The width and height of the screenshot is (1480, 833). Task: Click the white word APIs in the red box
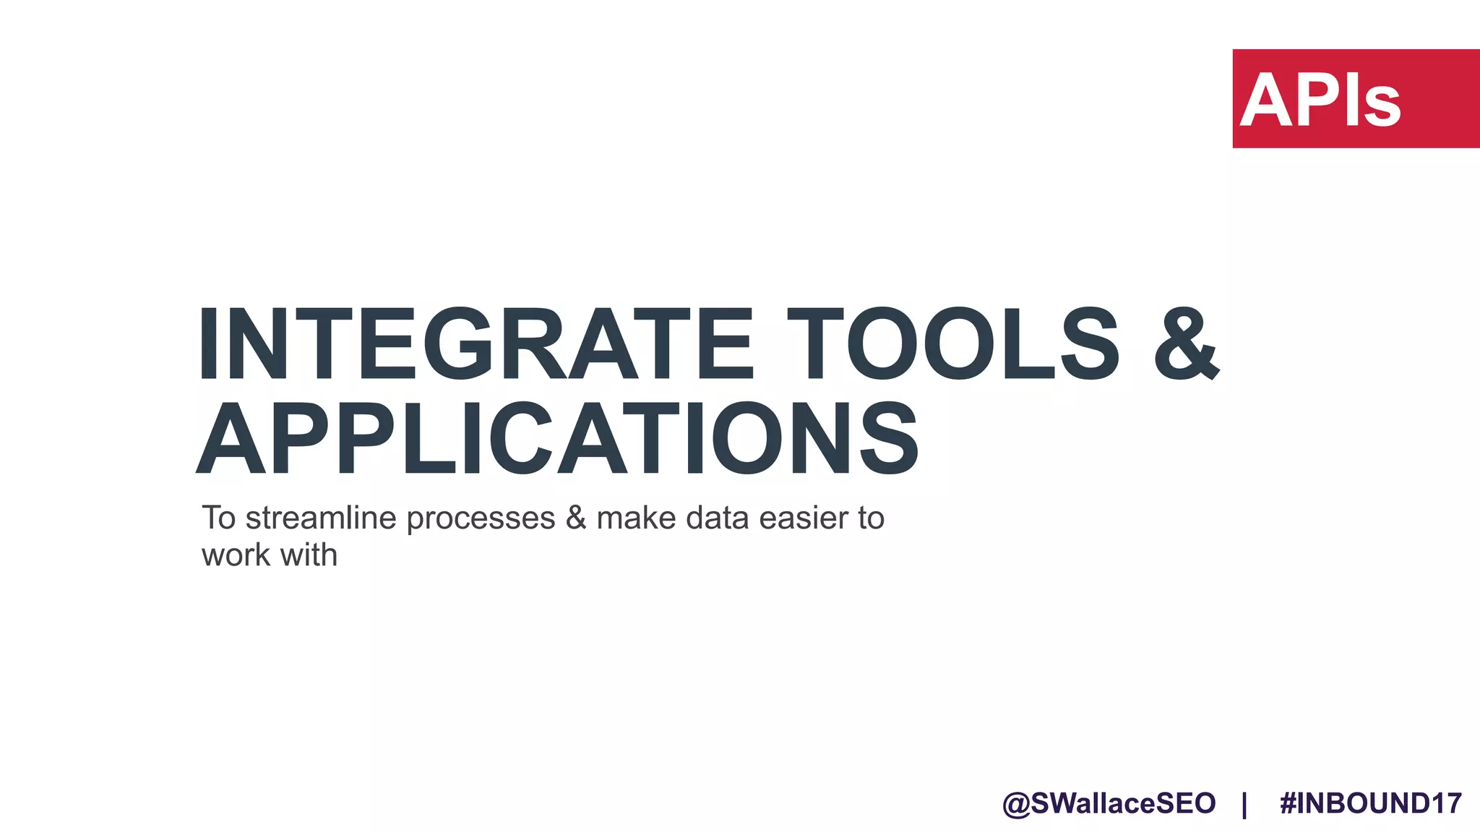(x=1321, y=101)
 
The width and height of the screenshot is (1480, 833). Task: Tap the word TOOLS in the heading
(x=953, y=344)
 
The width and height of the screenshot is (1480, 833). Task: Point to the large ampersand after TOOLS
(x=1187, y=344)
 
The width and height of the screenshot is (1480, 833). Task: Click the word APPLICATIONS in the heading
(x=557, y=439)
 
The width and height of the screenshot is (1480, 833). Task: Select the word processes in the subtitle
(x=481, y=518)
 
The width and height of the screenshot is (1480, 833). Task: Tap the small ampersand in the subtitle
(x=576, y=518)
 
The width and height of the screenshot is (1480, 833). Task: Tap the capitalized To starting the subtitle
(x=218, y=518)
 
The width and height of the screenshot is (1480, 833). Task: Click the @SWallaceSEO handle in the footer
(x=1109, y=803)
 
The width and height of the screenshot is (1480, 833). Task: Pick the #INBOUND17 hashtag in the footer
(x=1370, y=803)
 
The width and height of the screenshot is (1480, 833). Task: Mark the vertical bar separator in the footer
(x=1244, y=804)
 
